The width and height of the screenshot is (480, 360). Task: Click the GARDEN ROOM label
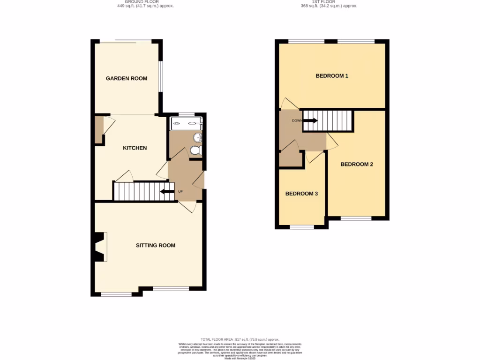click(x=127, y=78)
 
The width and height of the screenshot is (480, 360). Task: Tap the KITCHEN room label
click(x=135, y=148)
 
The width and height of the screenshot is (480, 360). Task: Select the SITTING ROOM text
click(x=156, y=245)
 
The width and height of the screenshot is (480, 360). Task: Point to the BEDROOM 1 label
click(x=332, y=75)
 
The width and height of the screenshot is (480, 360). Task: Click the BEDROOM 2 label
click(x=357, y=164)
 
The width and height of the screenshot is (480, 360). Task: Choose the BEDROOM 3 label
click(x=301, y=194)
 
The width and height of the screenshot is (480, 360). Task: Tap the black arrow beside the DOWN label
click(x=310, y=120)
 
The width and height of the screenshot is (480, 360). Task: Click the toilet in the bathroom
click(x=196, y=150)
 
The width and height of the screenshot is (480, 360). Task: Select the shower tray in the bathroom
click(x=187, y=124)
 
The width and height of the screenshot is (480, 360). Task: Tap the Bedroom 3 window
click(x=301, y=227)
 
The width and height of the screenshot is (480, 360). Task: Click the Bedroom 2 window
click(x=356, y=218)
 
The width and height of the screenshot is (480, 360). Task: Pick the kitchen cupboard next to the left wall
click(x=98, y=130)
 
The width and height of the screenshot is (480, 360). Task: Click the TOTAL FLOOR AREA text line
click(x=240, y=339)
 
